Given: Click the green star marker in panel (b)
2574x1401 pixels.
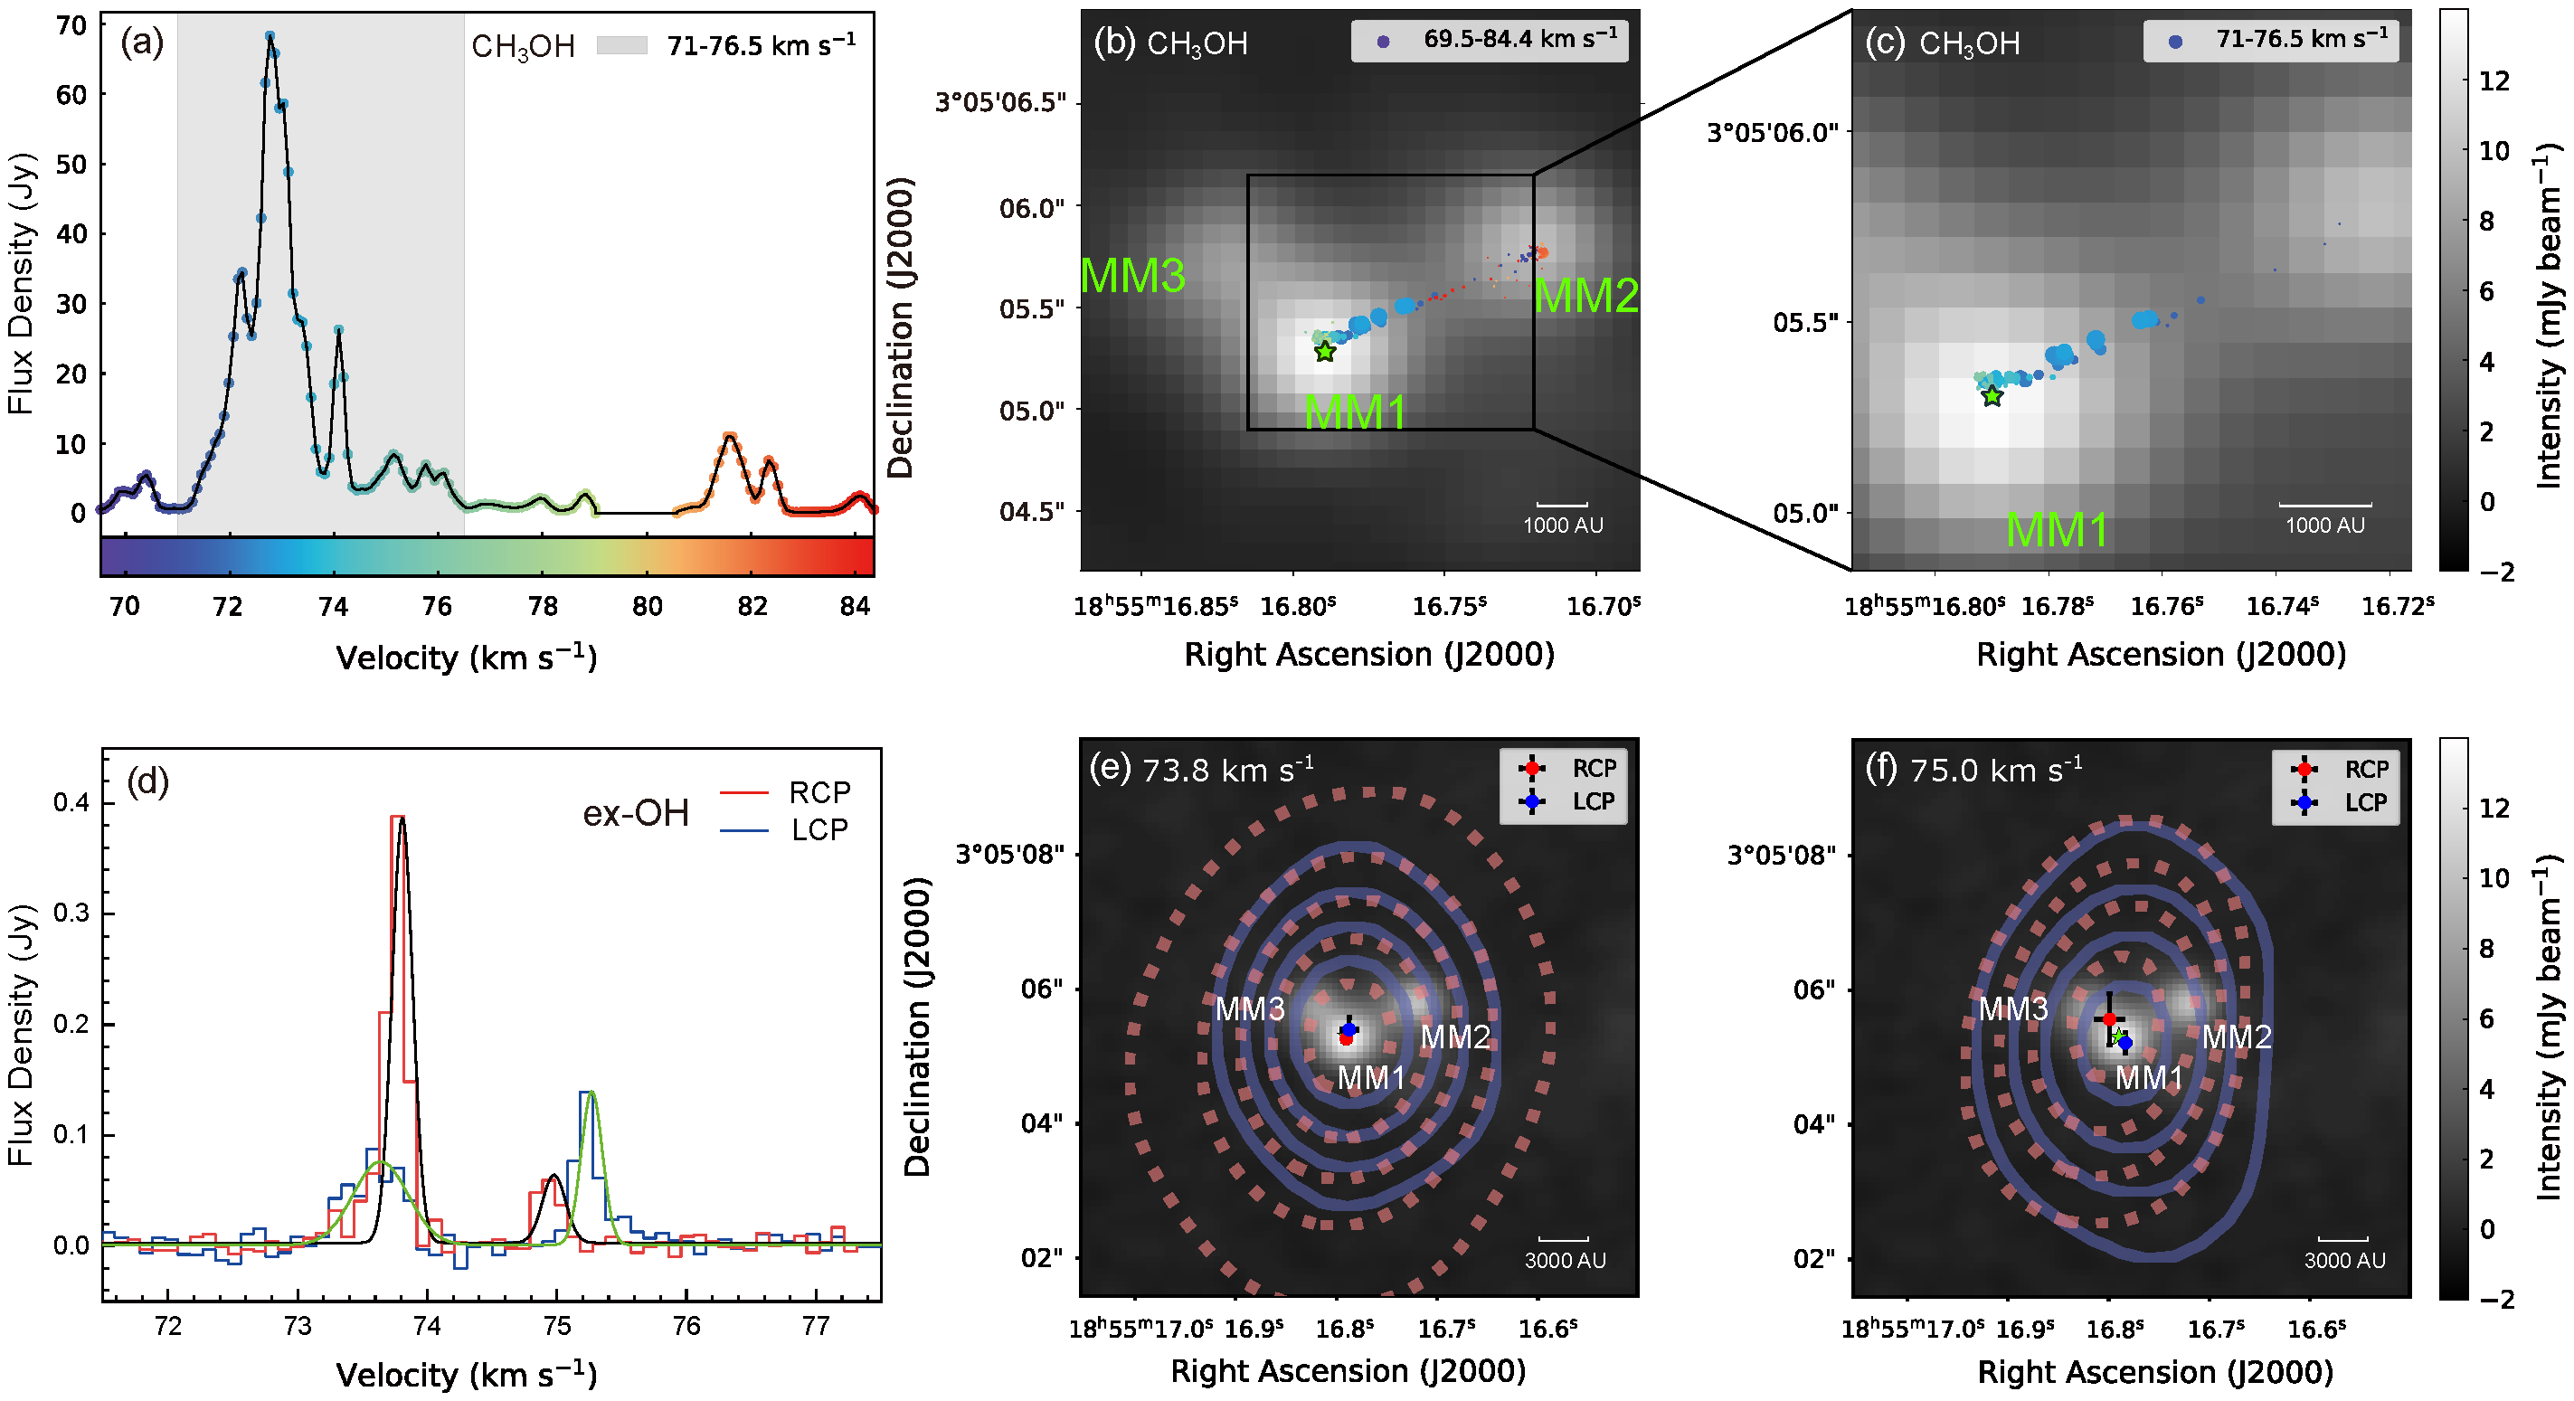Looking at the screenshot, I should coord(1324,352).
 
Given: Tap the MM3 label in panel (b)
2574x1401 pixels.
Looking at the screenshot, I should coord(1132,276).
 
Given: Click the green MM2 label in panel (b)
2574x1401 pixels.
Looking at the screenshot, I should coord(1585,296).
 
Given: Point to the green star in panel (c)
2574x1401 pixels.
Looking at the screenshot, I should coord(1992,397).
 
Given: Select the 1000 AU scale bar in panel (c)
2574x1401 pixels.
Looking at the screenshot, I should coord(2324,506).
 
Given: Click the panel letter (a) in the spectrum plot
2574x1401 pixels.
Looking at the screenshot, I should coord(141,43).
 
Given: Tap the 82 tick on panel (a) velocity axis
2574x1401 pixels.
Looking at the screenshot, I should coord(752,607).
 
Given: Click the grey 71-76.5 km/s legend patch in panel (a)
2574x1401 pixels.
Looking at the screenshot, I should coord(621,45).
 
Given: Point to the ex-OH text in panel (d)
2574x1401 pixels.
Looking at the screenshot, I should coord(636,813).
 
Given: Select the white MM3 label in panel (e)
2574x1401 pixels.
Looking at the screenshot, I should coord(1249,1009).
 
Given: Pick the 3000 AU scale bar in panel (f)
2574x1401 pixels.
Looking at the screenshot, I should coord(2343,1240).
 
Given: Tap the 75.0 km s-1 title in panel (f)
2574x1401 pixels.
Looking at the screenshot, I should coord(1996,771).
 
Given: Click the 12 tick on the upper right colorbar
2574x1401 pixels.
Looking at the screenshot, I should coord(2494,80).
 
